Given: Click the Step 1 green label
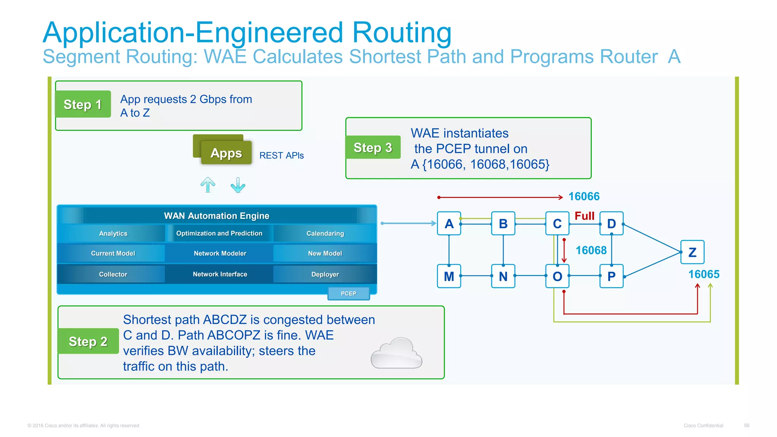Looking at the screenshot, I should coord(83,104).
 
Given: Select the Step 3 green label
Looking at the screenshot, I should coord(373,148).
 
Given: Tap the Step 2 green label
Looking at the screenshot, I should coord(88,341).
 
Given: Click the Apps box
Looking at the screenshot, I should coord(226,153).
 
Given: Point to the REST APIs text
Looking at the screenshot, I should coord(282,156).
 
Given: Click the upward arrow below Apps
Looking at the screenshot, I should coord(208,185).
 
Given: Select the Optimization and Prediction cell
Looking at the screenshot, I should coord(219,233).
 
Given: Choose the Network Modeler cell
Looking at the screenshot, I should coord(220,253).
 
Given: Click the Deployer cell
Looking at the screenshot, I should coord(325,274).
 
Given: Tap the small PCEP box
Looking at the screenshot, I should coord(348,293).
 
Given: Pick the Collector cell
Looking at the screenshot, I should coord(113,274).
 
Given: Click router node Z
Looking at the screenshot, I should coord(692,252).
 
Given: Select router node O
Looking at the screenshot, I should coord(557,276).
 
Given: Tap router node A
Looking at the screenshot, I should coord(449,224).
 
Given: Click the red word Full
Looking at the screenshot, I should coord(584,216).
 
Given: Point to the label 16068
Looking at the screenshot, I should coord(591,250).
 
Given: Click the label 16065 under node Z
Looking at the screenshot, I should coord(703,274).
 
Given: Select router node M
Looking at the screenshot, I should coord(449,276).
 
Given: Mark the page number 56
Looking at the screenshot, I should coord(746,426).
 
